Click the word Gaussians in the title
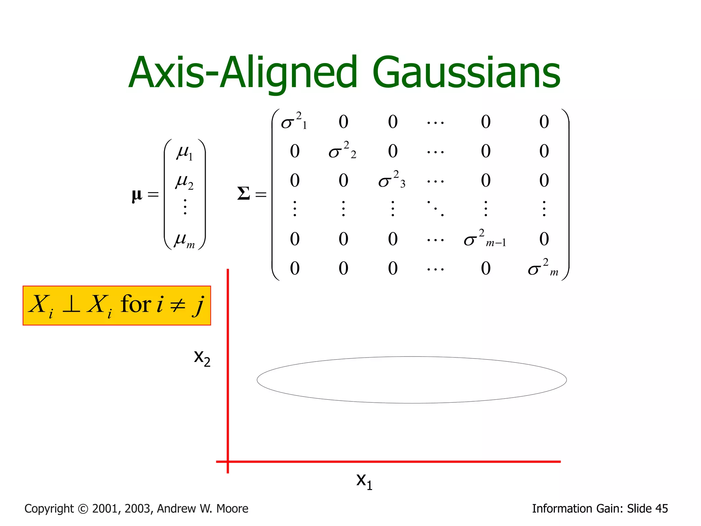point(466,73)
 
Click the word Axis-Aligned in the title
point(243,73)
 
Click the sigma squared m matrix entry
point(543,268)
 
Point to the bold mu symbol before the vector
point(137,195)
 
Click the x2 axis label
point(202,358)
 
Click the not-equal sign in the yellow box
point(178,305)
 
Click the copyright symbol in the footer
point(83,509)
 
